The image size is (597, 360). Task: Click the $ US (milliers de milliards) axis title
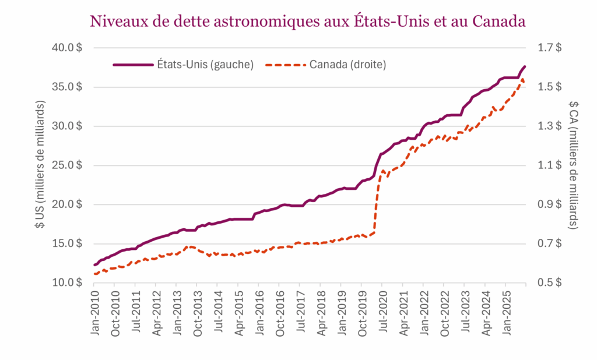pyautogui.click(x=40, y=165)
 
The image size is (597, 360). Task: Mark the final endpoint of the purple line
pyautogui.click(x=525, y=66)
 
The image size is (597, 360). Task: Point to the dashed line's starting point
pyautogui.click(x=94, y=274)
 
